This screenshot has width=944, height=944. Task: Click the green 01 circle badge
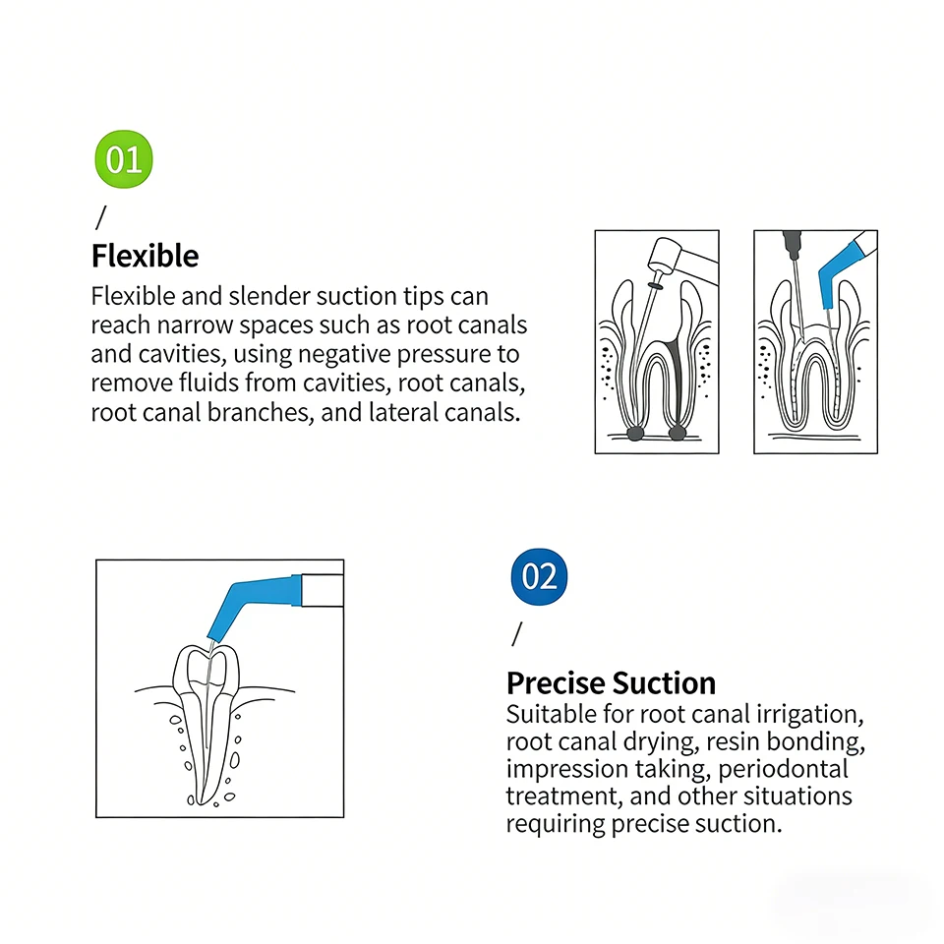(x=124, y=159)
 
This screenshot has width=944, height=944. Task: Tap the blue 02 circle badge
(x=539, y=576)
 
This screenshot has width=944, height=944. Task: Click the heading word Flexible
(x=146, y=256)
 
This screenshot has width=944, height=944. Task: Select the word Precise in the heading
(x=555, y=683)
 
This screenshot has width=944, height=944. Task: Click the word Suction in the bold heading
(x=664, y=683)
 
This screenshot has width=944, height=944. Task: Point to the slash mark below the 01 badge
(x=100, y=217)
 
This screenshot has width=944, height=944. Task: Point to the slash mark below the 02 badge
(x=516, y=634)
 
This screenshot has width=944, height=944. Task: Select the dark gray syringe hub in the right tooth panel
(x=792, y=242)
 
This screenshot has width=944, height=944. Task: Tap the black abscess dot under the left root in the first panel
(x=634, y=433)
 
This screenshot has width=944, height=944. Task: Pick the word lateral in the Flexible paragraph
(x=403, y=412)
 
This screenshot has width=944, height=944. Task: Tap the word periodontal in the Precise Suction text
(x=783, y=769)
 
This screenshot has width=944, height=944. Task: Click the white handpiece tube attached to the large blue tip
(x=323, y=591)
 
